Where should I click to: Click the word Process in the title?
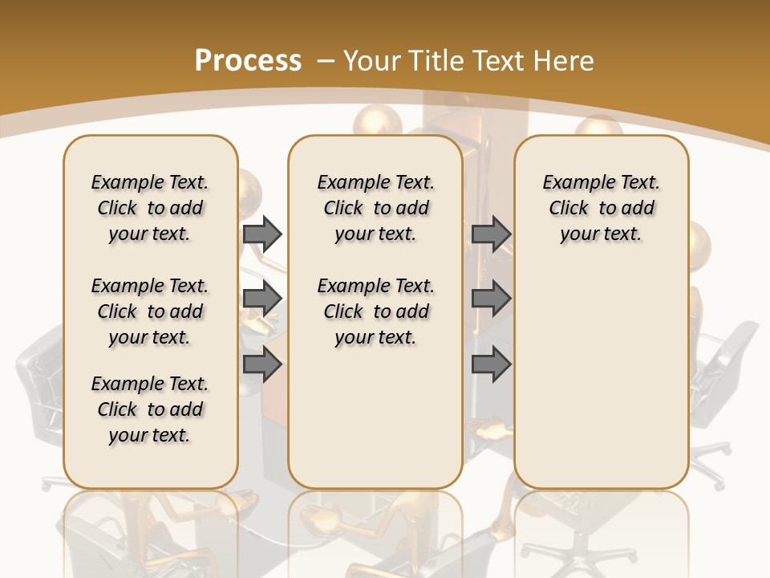[248, 60]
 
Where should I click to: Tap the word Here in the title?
[565, 60]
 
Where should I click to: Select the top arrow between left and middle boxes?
[262, 234]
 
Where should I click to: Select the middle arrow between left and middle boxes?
[262, 299]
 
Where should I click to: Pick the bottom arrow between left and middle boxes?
[262, 364]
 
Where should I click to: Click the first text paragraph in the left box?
[149, 208]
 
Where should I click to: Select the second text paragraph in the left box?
[149, 311]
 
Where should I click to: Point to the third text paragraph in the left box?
[149, 409]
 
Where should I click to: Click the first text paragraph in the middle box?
[375, 208]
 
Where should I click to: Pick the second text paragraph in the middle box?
[375, 311]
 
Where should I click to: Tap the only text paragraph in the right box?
[601, 208]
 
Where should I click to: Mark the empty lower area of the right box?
[601, 377]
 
